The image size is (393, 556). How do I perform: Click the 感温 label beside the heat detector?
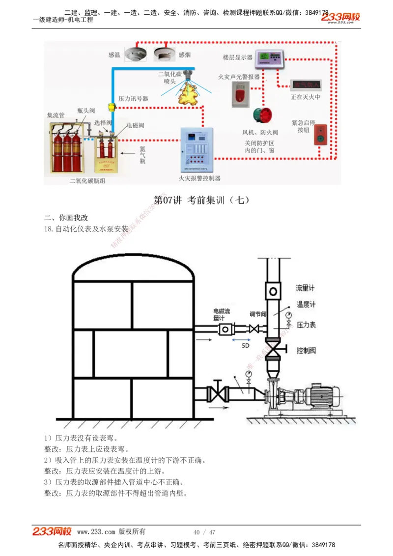coord(114,55)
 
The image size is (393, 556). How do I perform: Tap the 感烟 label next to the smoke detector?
coord(185,55)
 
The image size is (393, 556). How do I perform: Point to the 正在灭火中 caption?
coord(305,97)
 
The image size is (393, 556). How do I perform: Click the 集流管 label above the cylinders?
coord(56,115)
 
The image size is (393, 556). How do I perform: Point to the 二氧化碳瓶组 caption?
coord(87,181)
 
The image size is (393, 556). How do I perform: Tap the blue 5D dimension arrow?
coord(245,339)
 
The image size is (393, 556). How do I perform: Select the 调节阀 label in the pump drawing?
coord(258,314)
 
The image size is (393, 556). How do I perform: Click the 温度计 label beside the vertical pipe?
coord(306,305)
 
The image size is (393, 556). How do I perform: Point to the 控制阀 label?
coord(306,351)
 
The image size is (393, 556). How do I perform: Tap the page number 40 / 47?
coord(204,532)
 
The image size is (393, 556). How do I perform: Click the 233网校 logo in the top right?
coord(341,18)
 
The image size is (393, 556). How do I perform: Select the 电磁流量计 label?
coord(221,314)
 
